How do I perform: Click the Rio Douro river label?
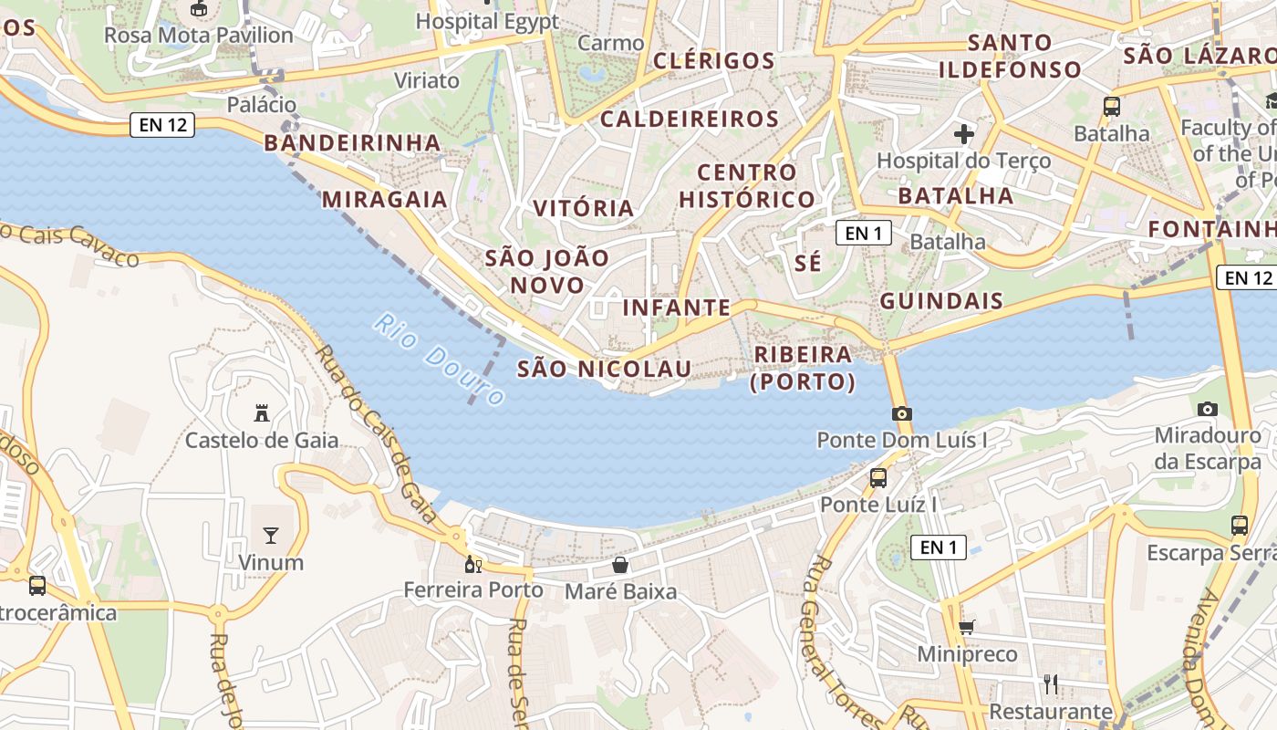click(438, 360)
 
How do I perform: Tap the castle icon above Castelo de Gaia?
click(262, 413)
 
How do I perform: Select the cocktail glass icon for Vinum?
click(271, 535)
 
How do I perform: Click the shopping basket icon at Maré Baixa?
click(620, 565)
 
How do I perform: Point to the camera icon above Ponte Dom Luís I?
click(901, 413)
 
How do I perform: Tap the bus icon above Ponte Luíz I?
click(878, 477)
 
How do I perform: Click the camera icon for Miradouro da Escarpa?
click(1208, 409)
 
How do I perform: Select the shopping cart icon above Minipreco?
click(966, 627)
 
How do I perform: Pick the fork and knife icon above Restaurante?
click(1051, 683)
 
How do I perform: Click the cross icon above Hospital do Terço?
click(963, 134)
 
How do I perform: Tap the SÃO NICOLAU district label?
click(604, 369)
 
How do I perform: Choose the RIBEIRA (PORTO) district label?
click(803, 368)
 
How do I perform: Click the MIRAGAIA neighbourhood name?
click(384, 199)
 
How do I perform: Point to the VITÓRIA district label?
click(584, 208)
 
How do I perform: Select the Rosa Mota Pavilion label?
click(198, 35)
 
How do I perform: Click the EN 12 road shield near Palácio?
click(162, 125)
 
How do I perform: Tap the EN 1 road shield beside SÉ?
click(863, 233)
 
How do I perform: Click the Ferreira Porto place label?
click(473, 589)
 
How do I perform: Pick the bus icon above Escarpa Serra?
click(1239, 526)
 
